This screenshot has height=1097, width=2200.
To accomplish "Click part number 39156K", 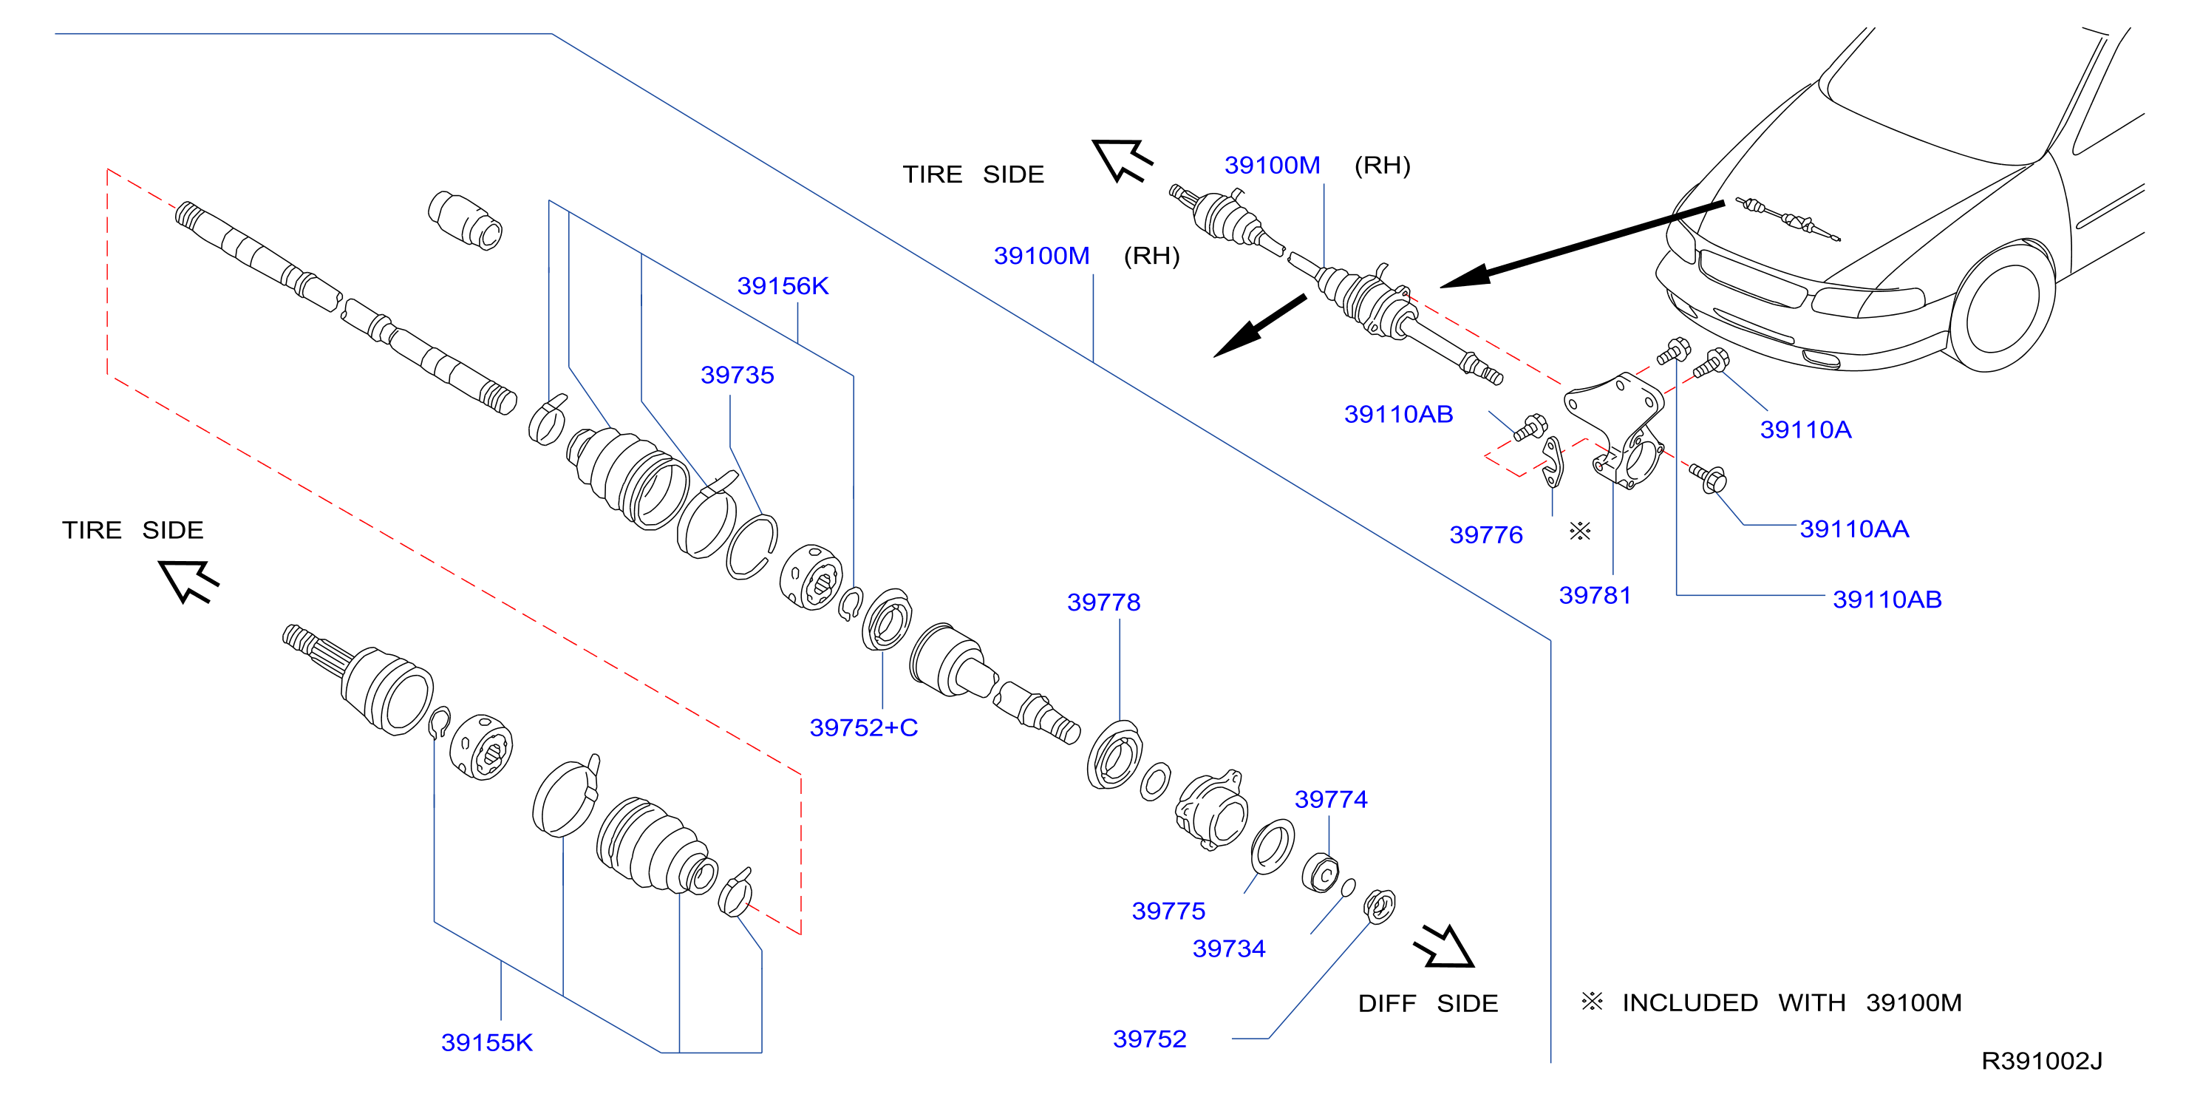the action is click(783, 286).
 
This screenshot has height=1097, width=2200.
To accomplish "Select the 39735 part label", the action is click(737, 375).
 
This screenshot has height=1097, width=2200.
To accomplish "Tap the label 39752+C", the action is click(863, 728).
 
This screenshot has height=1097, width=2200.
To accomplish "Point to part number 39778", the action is click(1103, 602).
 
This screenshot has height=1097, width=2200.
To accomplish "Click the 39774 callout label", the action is click(1331, 800).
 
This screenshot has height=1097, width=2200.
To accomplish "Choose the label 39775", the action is click(1168, 911).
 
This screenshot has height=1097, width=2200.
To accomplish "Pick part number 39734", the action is click(1229, 949).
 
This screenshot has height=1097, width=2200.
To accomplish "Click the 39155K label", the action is click(487, 1043).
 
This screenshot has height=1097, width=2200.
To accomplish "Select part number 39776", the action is click(1486, 535).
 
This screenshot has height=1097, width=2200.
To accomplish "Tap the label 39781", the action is click(1595, 596).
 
